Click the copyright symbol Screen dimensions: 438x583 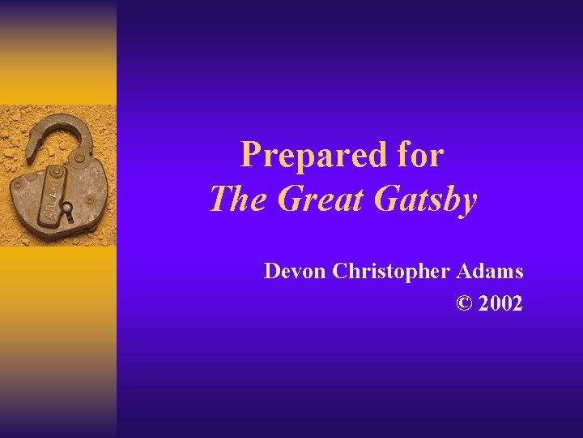tap(463, 303)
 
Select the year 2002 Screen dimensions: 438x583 tap(500, 303)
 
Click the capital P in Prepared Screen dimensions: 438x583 tap(252, 155)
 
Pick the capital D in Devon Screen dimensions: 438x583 tap(273, 271)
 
